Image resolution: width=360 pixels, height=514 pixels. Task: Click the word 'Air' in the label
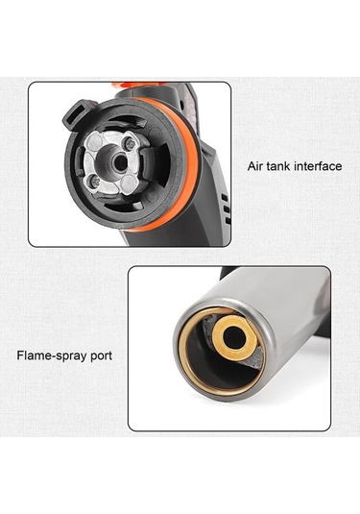[x=254, y=166]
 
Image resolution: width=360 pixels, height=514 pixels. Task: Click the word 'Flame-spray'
[x=51, y=355]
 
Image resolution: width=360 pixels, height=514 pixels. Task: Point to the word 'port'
[x=101, y=356]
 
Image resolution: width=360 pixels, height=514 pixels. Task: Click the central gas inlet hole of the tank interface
[x=121, y=162]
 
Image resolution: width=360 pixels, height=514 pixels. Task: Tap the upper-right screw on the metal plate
[x=130, y=143]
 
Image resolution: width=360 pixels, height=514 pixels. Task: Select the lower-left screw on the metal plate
[x=95, y=181]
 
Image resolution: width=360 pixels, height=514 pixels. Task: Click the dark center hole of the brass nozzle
[x=233, y=337]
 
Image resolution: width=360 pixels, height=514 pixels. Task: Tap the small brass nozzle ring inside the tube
[x=233, y=337]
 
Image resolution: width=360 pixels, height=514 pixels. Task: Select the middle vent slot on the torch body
[x=227, y=208]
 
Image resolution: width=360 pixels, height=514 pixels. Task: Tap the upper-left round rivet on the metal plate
[x=95, y=143]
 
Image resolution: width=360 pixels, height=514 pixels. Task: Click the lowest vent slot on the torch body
[x=228, y=220]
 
